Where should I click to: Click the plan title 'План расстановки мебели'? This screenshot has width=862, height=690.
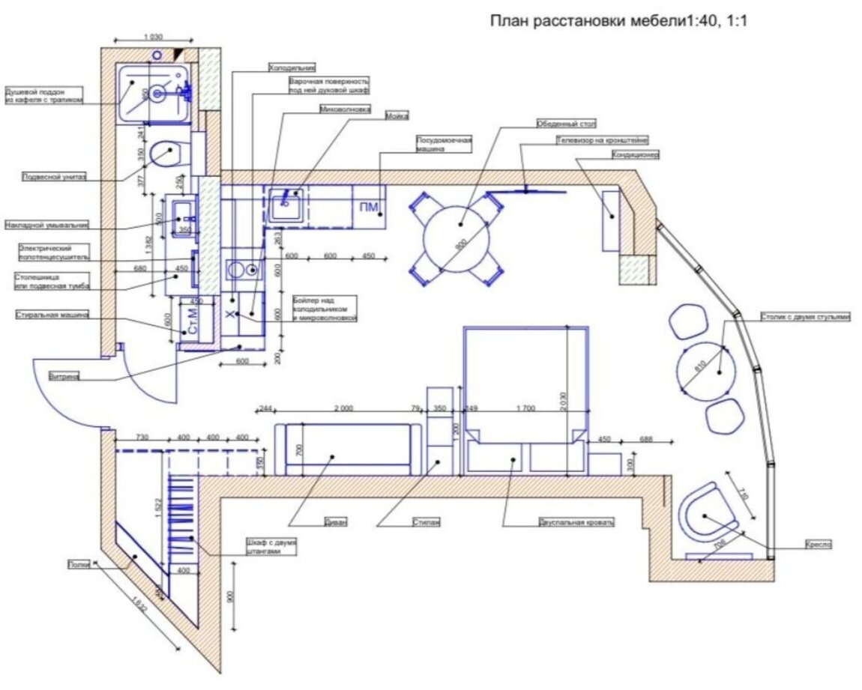tap(588, 20)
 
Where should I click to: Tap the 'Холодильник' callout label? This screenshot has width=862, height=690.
tap(292, 67)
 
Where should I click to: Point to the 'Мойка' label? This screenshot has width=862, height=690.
tap(397, 115)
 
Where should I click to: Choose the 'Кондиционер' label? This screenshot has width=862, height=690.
tap(635, 156)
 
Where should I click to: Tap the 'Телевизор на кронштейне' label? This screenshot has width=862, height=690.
tap(602, 140)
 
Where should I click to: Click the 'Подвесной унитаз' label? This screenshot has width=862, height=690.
tap(53, 178)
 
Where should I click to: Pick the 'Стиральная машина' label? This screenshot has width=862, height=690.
tap(52, 315)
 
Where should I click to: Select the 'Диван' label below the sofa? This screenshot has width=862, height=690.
tap(336, 522)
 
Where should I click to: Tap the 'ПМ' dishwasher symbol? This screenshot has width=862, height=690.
tap(368, 208)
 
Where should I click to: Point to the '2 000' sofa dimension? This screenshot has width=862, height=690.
tap(343, 408)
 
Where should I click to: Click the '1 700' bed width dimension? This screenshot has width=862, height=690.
tap(525, 408)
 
